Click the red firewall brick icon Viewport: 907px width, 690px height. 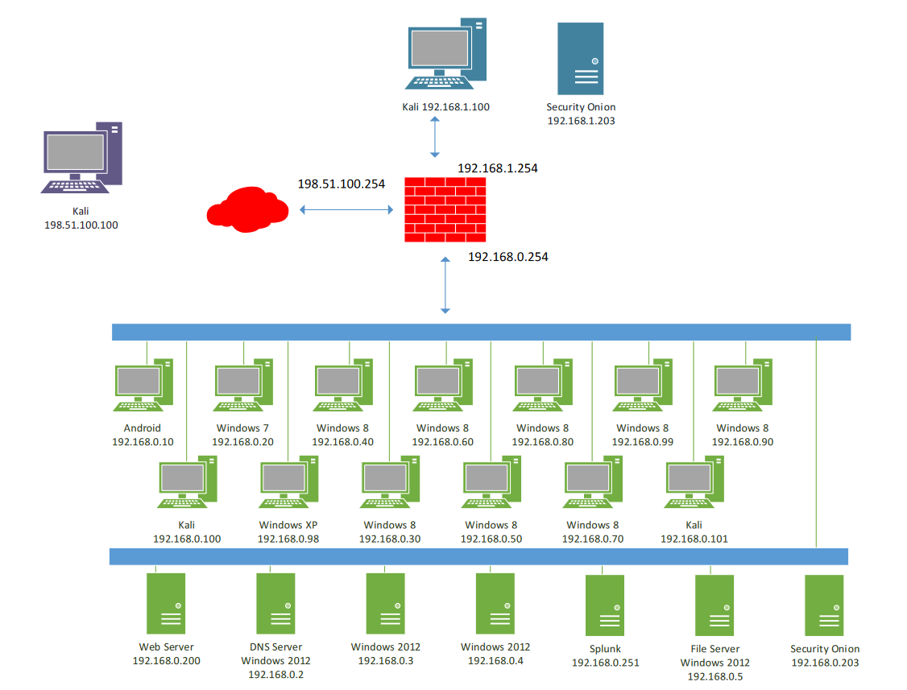(x=445, y=210)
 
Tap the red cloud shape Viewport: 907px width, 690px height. (x=248, y=209)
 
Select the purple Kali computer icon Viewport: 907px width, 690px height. (x=81, y=158)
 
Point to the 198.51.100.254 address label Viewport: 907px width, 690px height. (x=341, y=184)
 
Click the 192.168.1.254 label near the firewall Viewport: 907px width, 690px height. (x=497, y=169)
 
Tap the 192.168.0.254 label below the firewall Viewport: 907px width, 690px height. (x=508, y=257)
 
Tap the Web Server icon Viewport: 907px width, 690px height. (x=166, y=603)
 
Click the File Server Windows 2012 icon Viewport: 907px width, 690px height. (x=714, y=605)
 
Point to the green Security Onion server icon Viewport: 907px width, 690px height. (x=824, y=605)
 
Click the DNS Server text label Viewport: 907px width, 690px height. (x=275, y=647)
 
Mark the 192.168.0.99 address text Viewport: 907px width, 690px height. (x=642, y=442)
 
